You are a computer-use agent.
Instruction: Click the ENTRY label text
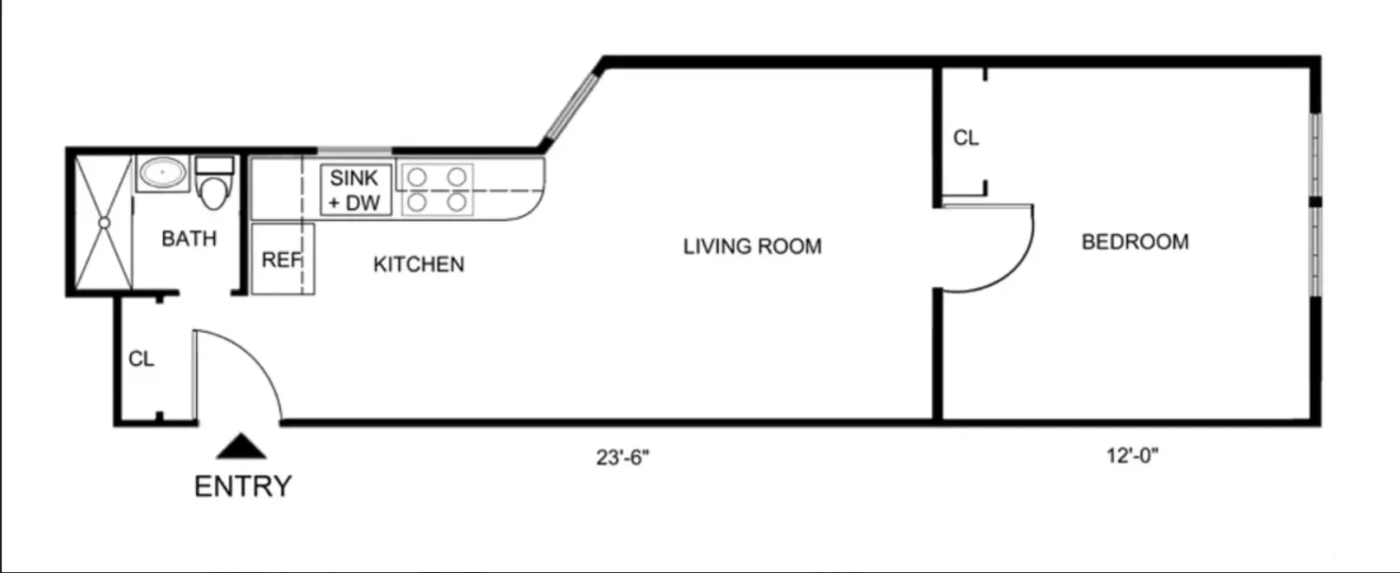click(243, 486)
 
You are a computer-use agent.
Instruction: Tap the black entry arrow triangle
click(241, 447)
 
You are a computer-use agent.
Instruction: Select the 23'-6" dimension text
click(622, 457)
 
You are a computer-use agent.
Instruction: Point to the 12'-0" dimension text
click(1132, 455)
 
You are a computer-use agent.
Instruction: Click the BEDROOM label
click(1135, 242)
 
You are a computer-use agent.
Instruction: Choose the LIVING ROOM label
click(752, 247)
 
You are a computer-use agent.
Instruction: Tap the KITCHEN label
click(419, 264)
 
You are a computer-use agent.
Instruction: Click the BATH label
click(189, 238)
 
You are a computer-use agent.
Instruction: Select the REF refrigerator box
click(282, 259)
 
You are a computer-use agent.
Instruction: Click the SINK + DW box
click(355, 191)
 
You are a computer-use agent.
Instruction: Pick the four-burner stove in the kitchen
click(437, 190)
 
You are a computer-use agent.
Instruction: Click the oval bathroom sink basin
click(163, 173)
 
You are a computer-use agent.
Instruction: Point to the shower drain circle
click(104, 223)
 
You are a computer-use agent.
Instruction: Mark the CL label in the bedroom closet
click(966, 138)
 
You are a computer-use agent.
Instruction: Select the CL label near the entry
click(141, 359)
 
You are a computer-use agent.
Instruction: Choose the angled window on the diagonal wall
click(569, 108)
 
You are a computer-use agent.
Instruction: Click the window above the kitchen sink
click(355, 152)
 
